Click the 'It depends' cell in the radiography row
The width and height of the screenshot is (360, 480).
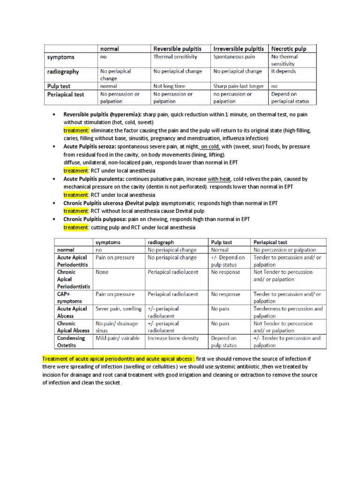tap(284, 71)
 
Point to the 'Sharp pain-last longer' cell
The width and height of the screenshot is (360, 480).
tap(239, 86)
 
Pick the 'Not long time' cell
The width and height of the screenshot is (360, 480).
tap(169, 86)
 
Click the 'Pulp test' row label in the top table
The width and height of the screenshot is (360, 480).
tap(59, 86)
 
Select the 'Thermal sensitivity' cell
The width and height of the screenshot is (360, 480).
tap(175, 57)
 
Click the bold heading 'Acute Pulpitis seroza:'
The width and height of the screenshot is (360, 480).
tap(90, 147)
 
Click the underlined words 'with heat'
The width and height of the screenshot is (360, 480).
tap(219, 179)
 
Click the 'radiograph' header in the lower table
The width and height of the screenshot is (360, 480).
tap(161, 242)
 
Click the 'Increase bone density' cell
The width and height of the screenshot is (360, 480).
tap(173, 338)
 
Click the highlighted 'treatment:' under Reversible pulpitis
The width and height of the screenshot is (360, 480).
tap(76, 130)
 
